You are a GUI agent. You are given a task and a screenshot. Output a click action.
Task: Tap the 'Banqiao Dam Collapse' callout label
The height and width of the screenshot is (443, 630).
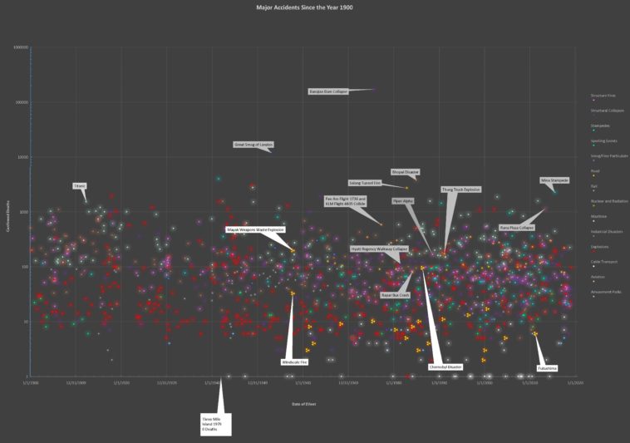pos(327,91)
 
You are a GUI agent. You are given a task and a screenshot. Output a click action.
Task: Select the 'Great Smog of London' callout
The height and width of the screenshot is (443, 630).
pos(253,145)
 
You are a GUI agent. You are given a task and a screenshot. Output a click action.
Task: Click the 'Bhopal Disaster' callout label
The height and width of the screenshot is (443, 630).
pos(406,172)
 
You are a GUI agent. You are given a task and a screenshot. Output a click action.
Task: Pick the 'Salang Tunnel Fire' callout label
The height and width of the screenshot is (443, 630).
pos(365,183)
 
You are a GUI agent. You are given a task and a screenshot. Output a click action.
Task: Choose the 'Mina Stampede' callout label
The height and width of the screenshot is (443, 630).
pos(554,180)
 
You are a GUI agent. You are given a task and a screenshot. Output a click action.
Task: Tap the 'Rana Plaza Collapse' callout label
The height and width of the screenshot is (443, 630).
pos(516,227)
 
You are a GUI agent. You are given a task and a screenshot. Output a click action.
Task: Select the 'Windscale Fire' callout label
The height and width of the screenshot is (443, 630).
pos(295,362)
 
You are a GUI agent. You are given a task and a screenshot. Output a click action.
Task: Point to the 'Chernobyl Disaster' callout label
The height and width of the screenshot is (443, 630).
pos(445,367)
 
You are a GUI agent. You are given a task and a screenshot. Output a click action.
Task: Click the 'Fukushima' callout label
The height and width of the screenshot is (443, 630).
pos(547,367)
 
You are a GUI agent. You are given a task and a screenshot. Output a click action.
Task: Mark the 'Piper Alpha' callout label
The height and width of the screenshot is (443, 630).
pos(402,200)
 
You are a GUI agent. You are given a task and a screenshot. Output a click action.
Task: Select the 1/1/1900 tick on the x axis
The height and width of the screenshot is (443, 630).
pos(30,383)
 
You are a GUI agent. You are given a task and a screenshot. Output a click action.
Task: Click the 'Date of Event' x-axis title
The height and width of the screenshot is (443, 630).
pos(303,403)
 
